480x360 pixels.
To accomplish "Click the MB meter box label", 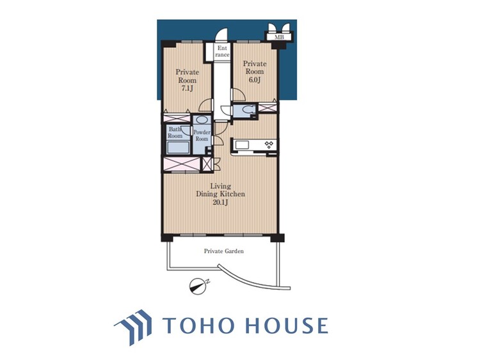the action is [x=279, y=37].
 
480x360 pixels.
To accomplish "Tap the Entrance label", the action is [x=222, y=51].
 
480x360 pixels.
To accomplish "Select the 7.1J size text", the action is [x=187, y=89].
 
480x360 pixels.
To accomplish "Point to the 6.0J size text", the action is [x=255, y=80].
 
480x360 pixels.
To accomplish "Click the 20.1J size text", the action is [x=220, y=202].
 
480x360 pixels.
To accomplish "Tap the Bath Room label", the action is [x=175, y=133].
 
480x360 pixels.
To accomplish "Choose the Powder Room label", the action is [x=202, y=136].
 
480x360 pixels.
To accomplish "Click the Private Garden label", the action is [x=224, y=251].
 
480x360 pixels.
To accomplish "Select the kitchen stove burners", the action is [x=269, y=144].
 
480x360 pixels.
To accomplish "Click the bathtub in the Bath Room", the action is [x=179, y=147].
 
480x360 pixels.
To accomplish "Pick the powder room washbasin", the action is [x=202, y=120].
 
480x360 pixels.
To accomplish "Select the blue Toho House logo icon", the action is [x=134, y=327].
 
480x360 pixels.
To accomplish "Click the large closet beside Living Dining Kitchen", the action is [x=182, y=164].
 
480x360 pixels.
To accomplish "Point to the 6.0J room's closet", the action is [x=268, y=107].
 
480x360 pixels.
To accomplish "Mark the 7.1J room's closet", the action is [x=177, y=118].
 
